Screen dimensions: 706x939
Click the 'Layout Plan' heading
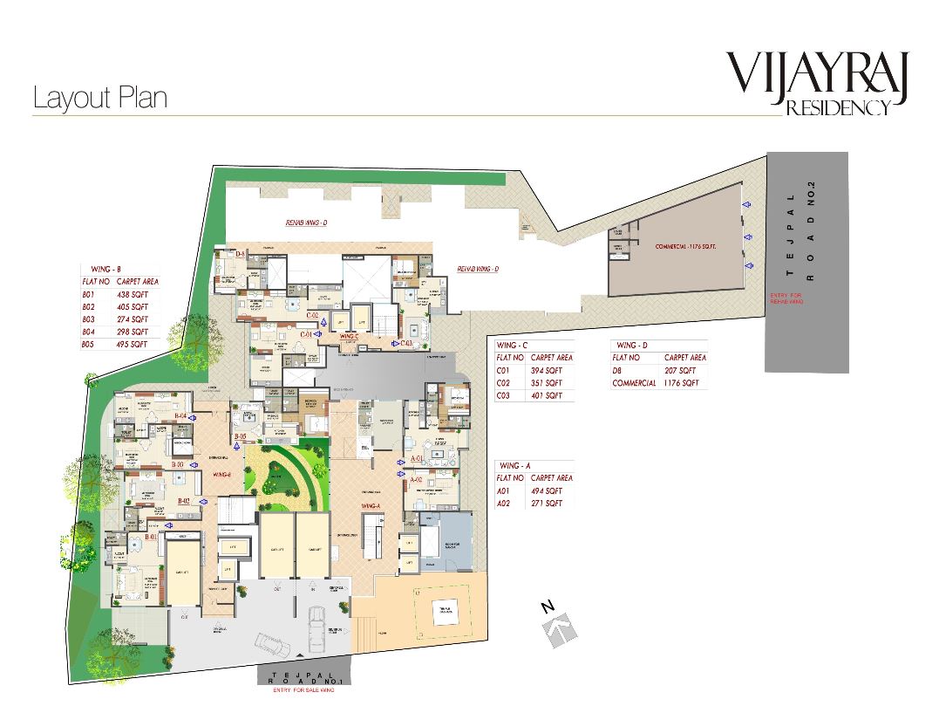pos(99,98)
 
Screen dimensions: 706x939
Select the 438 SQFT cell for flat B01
pos(133,295)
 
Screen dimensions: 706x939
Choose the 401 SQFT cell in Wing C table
pos(548,395)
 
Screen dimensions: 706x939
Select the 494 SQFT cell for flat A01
pos(548,491)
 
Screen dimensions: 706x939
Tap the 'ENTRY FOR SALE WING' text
pos(304,691)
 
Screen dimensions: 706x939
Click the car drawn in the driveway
pos(314,626)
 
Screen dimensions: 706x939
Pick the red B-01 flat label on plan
pos(152,538)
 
